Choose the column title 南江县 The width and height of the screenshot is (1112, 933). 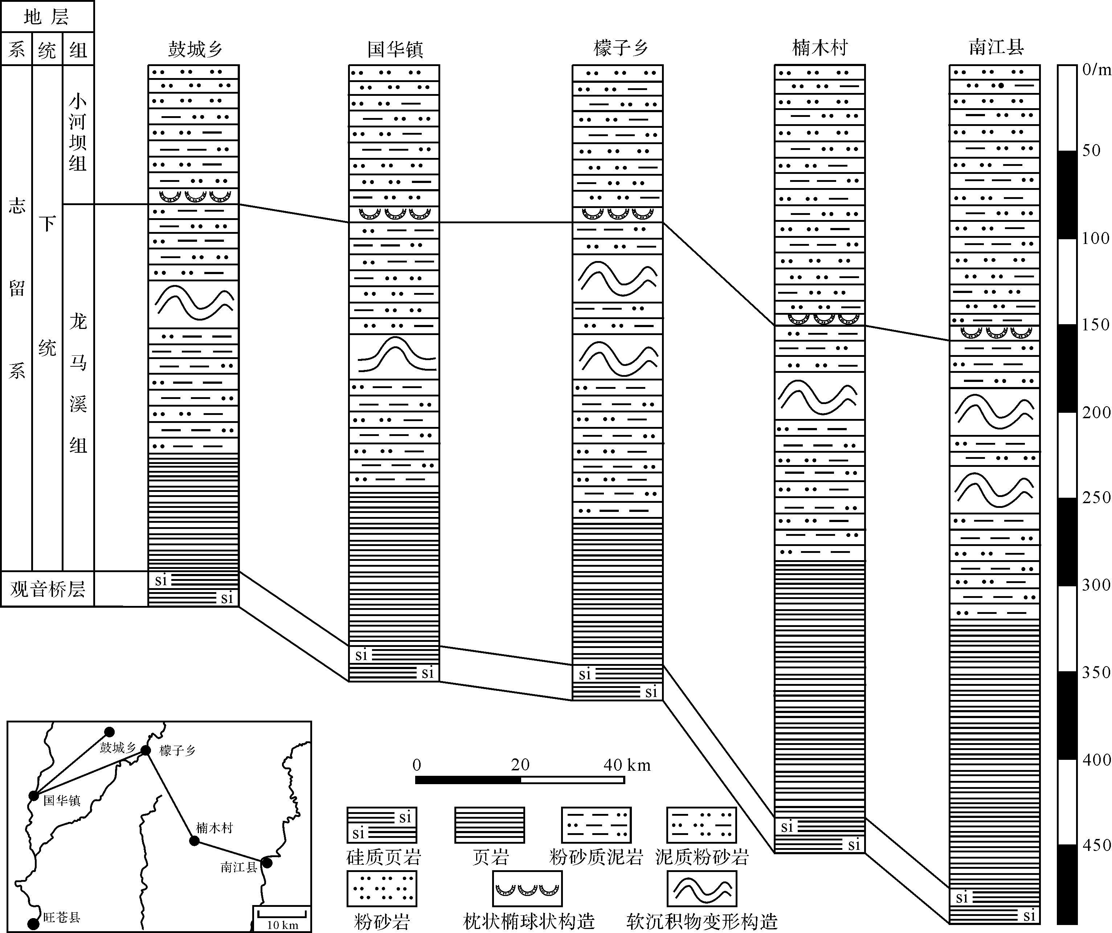click(996, 47)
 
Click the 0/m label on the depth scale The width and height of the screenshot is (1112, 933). click(1095, 69)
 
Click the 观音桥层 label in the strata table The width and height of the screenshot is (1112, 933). click(48, 588)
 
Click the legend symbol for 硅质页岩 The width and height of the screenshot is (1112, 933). click(382, 825)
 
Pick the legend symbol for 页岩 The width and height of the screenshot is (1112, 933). click(489, 825)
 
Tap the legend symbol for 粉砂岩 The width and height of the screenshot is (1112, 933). click(382, 888)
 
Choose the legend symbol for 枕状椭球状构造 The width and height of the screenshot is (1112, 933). click(527, 888)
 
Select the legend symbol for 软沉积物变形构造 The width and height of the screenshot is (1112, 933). click(702, 888)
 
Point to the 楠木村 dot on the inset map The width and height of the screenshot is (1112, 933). click(194, 841)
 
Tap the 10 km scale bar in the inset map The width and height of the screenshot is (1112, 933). click(282, 913)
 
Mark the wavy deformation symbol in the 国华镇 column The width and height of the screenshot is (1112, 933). click(394, 356)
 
